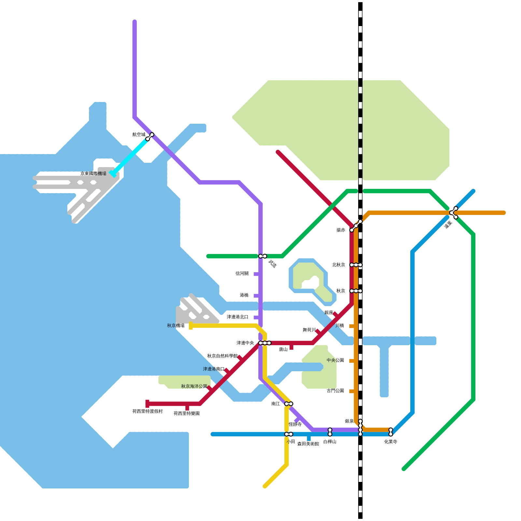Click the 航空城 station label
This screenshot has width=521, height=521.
coord(139,134)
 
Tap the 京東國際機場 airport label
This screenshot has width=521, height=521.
coord(93,174)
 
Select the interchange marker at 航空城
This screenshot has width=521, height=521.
coord(150,137)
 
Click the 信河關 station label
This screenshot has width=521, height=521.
coord(242,274)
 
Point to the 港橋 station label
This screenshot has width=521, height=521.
coord(244,295)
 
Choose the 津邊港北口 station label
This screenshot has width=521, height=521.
coord(238,317)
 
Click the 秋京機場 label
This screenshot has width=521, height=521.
coord(176,326)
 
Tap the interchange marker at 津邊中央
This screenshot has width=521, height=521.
coord(265,343)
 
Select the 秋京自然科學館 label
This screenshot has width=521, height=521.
coord(222,356)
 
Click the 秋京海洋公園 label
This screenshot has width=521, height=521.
coord(194,386)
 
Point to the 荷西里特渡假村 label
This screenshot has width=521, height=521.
coord(147,411)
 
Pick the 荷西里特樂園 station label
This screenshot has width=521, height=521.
coord(187,414)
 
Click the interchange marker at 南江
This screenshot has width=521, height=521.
coord(289,404)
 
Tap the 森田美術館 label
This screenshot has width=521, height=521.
coord(308,444)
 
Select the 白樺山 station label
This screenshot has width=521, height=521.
coord(330,442)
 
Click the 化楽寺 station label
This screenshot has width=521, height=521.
coord(391,442)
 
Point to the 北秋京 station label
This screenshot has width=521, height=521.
coord(339,265)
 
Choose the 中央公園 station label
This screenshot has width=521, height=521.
coord(335,360)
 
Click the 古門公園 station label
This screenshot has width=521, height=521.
coord(335,391)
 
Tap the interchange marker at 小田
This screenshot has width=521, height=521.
coord(289,434)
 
